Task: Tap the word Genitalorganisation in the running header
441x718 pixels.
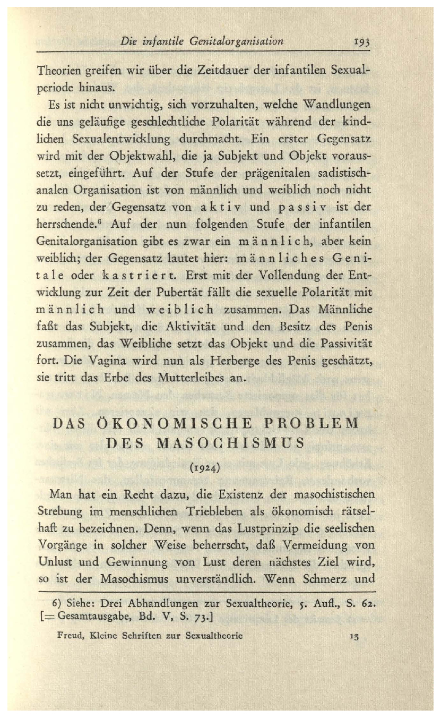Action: point(238,40)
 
